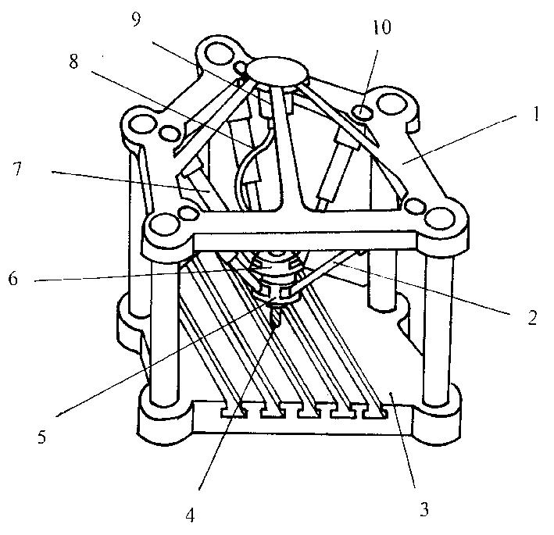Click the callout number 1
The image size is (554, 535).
tap(536, 114)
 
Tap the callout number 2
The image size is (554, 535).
tap(532, 317)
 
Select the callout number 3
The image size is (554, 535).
tap(424, 509)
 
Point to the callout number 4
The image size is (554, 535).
tap(190, 515)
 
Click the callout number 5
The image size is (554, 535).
tap(41, 437)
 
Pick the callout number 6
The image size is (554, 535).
tap(13, 278)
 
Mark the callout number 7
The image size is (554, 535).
tap(16, 169)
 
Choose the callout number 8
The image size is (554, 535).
tap(73, 61)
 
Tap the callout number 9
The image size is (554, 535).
tap(136, 19)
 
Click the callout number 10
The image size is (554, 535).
tap(381, 27)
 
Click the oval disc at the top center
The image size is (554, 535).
tap(277, 71)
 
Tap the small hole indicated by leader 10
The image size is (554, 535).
tap(363, 112)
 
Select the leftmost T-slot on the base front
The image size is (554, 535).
tap(234, 412)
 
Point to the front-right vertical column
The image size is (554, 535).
tap(438, 324)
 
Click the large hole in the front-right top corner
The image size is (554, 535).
tap(438, 218)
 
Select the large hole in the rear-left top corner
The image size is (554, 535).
tap(142, 124)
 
